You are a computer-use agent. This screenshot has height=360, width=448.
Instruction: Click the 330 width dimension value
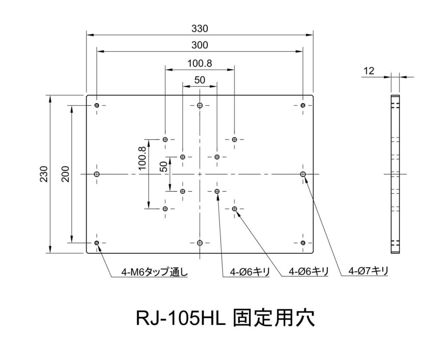(x=199, y=28)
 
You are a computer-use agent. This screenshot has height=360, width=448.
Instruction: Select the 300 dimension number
(x=199, y=45)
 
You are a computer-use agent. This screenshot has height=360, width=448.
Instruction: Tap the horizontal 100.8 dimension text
(x=199, y=63)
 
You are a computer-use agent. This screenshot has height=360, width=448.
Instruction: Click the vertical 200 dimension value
(x=65, y=174)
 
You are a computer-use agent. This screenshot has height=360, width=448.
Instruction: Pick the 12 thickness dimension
(x=368, y=71)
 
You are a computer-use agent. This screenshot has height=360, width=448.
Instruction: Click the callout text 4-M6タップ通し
(x=154, y=272)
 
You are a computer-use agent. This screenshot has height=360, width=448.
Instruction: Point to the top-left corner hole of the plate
(x=97, y=105)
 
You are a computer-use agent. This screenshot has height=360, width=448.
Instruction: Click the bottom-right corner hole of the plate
(x=303, y=243)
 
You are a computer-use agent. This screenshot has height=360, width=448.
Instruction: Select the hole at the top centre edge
(x=199, y=105)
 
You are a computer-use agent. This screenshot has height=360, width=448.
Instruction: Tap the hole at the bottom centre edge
(x=199, y=243)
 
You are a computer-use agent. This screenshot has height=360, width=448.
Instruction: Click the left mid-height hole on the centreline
(x=97, y=174)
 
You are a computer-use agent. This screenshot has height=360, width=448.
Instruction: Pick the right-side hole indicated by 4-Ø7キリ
(x=303, y=174)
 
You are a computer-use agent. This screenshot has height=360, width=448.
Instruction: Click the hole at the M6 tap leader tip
(x=97, y=243)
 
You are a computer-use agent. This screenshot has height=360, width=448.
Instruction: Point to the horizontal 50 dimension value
(x=199, y=80)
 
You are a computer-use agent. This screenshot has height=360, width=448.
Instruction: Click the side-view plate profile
(x=395, y=174)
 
